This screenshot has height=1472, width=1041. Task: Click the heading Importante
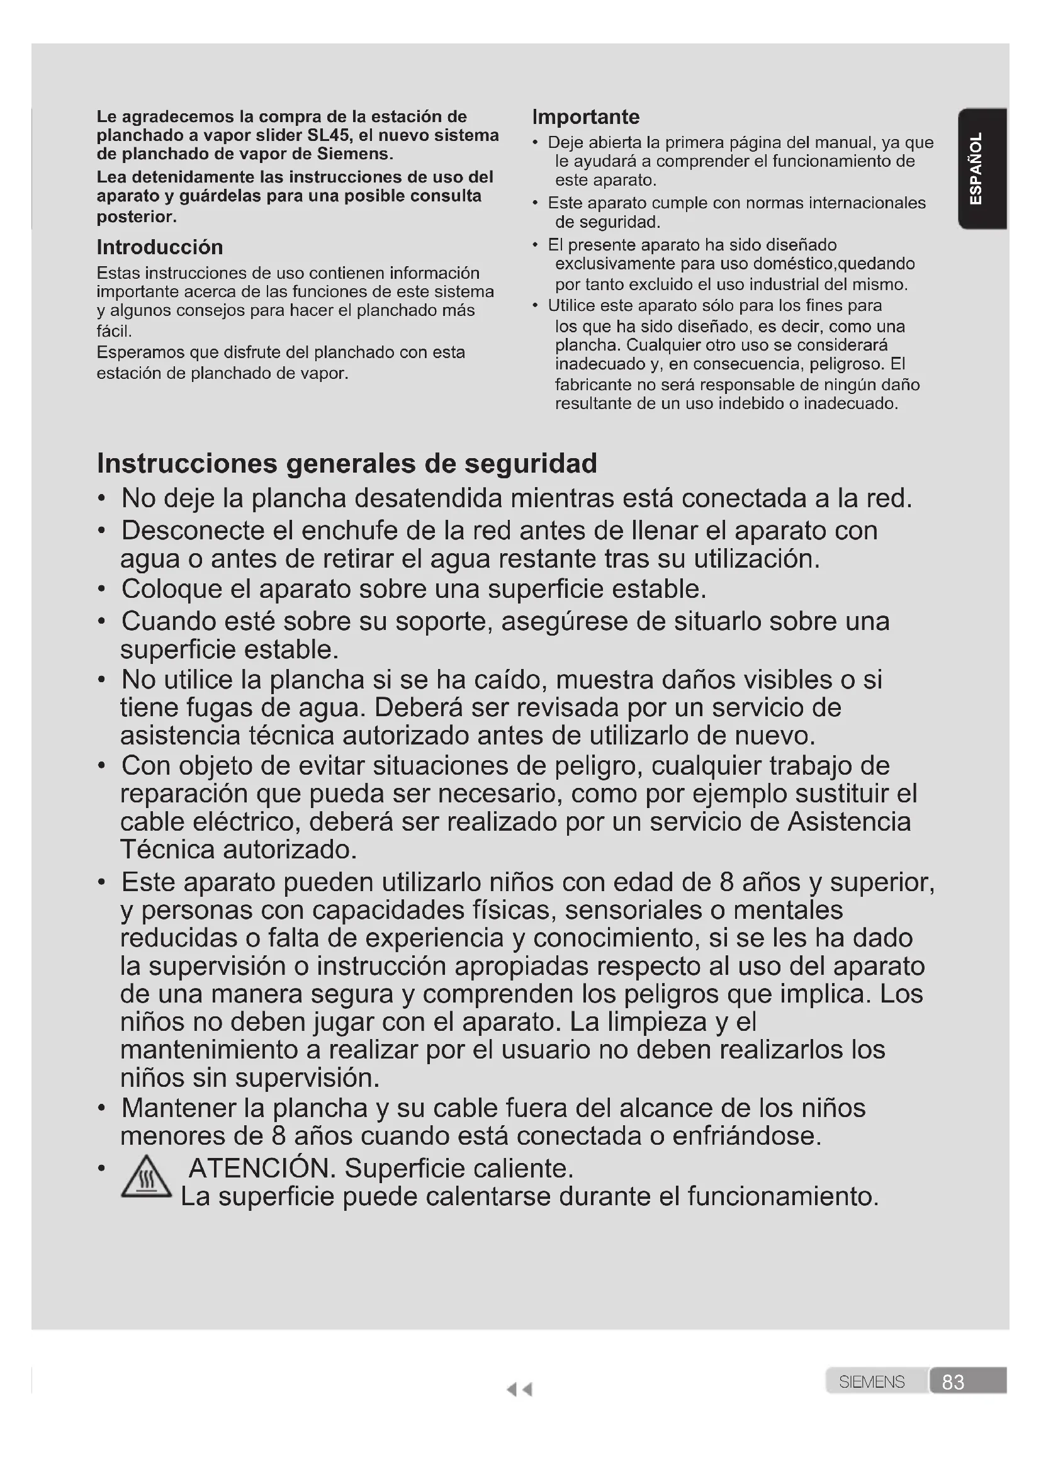point(585,117)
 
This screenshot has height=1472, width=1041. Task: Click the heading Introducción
point(160,247)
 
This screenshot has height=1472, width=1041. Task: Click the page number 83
point(952,1381)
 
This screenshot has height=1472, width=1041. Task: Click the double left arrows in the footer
point(519,1390)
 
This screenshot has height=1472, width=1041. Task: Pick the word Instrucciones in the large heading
point(186,463)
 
